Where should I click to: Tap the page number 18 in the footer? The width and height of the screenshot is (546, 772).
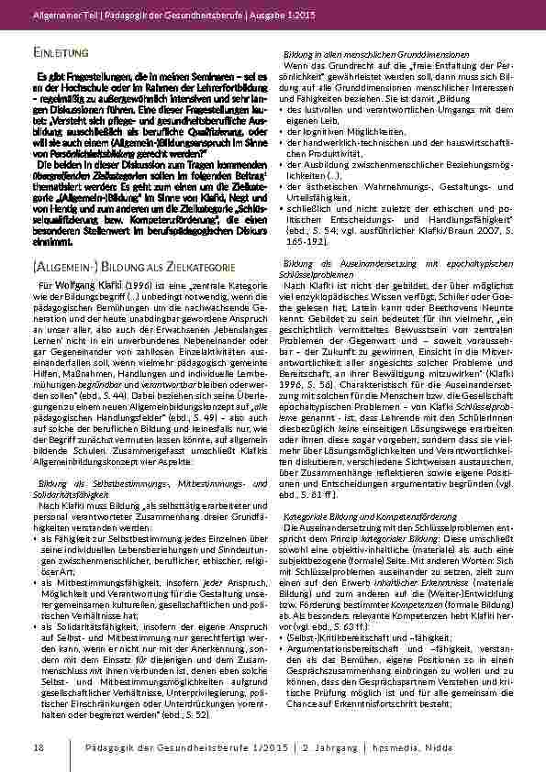point(38,747)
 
